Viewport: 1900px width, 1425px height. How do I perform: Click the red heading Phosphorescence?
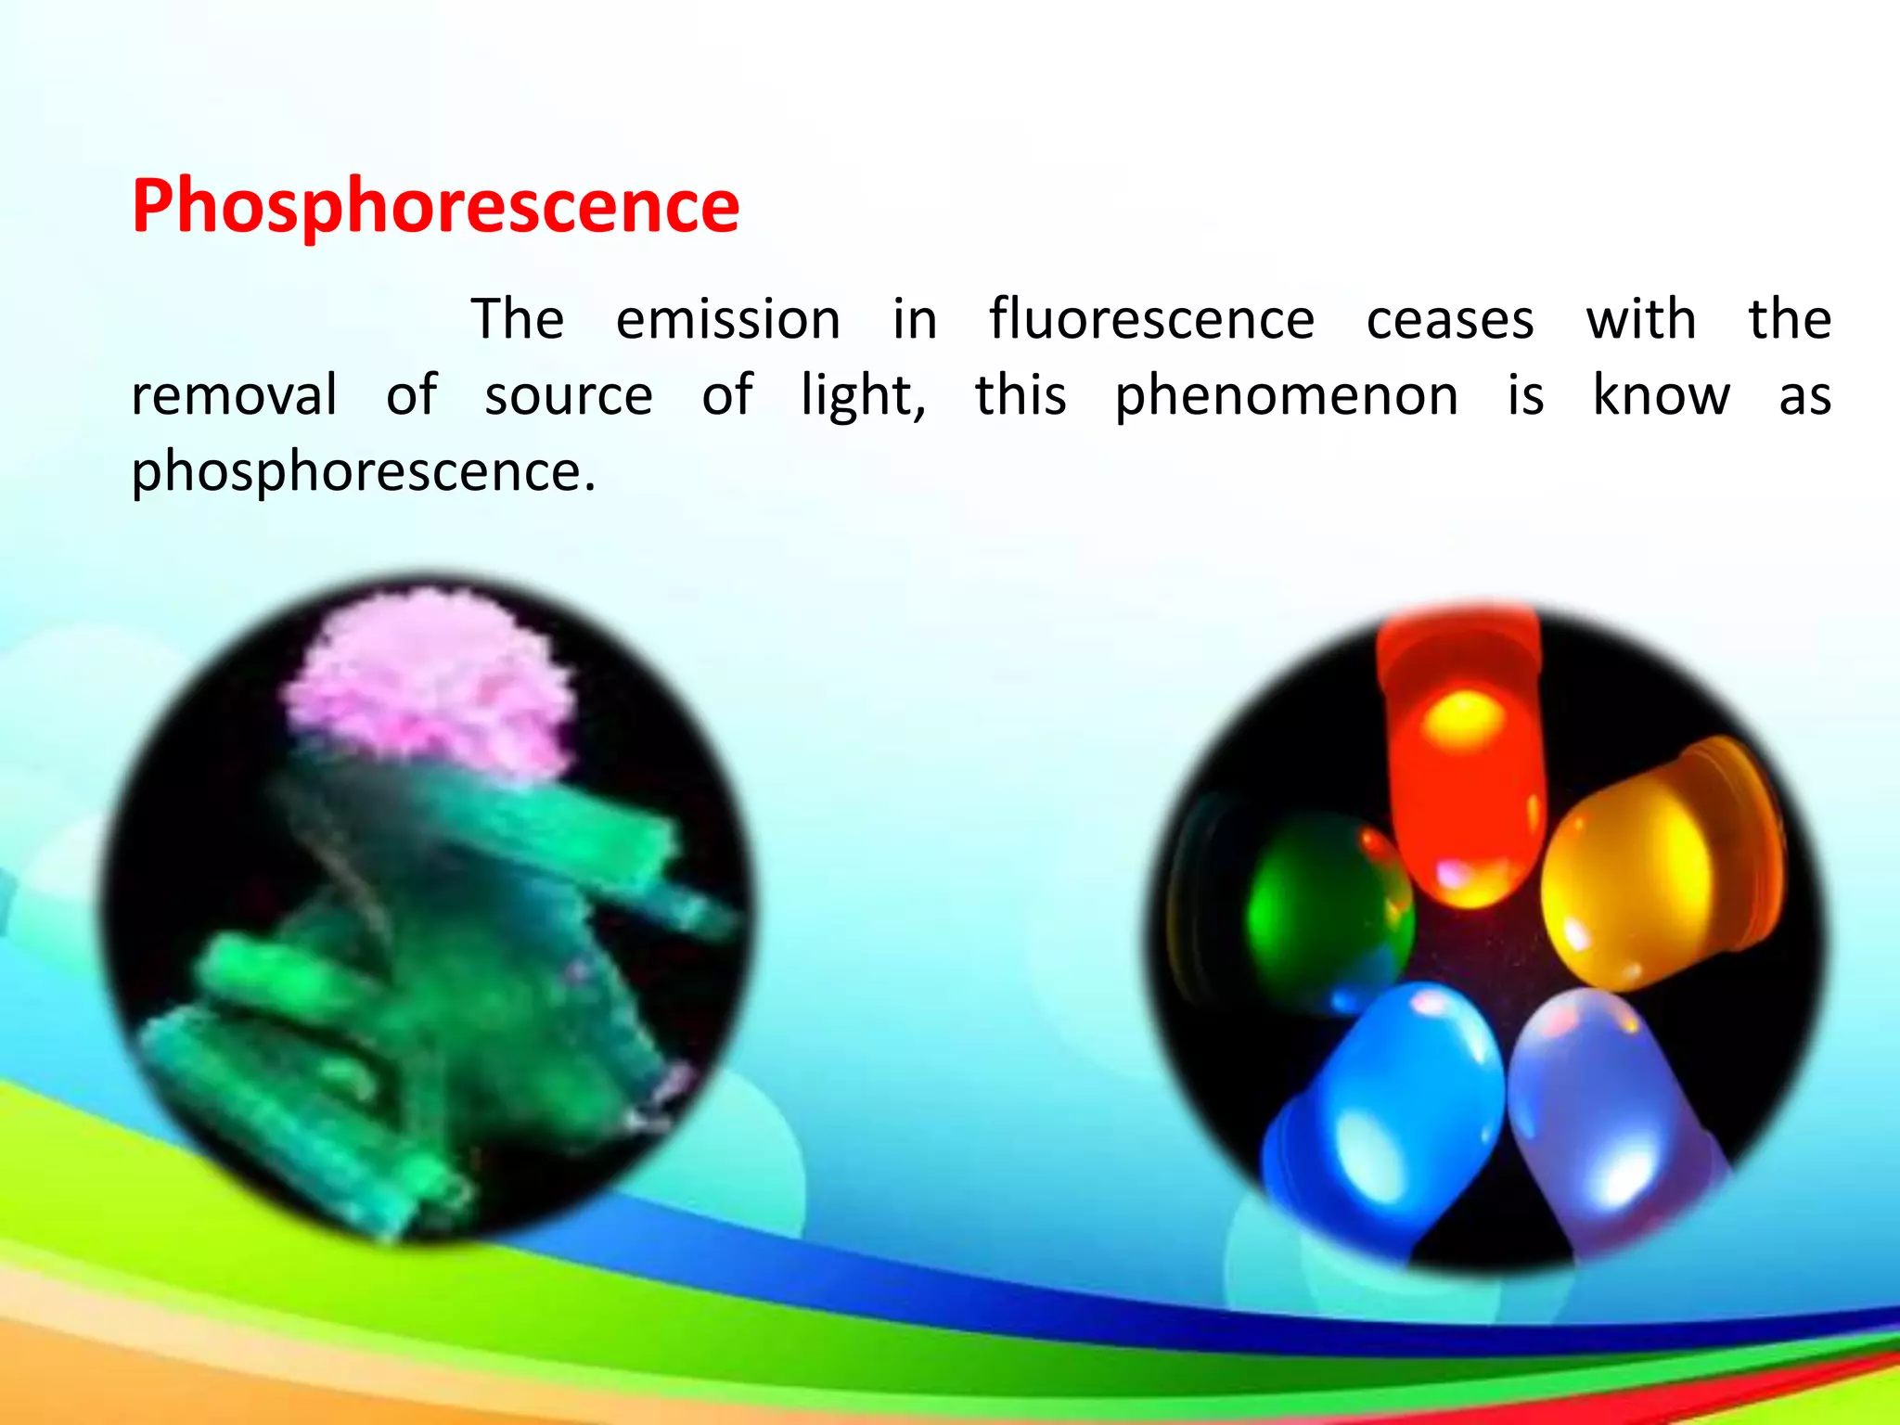(435, 206)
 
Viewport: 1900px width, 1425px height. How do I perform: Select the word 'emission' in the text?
(728, 319)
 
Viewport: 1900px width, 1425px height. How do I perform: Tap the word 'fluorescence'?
(1151, 319)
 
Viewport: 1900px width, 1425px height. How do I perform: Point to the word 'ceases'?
(1450, 321)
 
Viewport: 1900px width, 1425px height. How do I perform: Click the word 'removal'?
(234, 395)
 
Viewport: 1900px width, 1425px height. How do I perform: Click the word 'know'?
(1662, 395)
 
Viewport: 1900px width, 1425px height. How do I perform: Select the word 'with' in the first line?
(1641, 319)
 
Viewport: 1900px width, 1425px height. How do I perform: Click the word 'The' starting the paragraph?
(518, 319)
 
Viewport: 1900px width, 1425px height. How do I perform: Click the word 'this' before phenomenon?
(1021, 395)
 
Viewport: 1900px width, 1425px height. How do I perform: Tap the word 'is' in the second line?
(1525, 395)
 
